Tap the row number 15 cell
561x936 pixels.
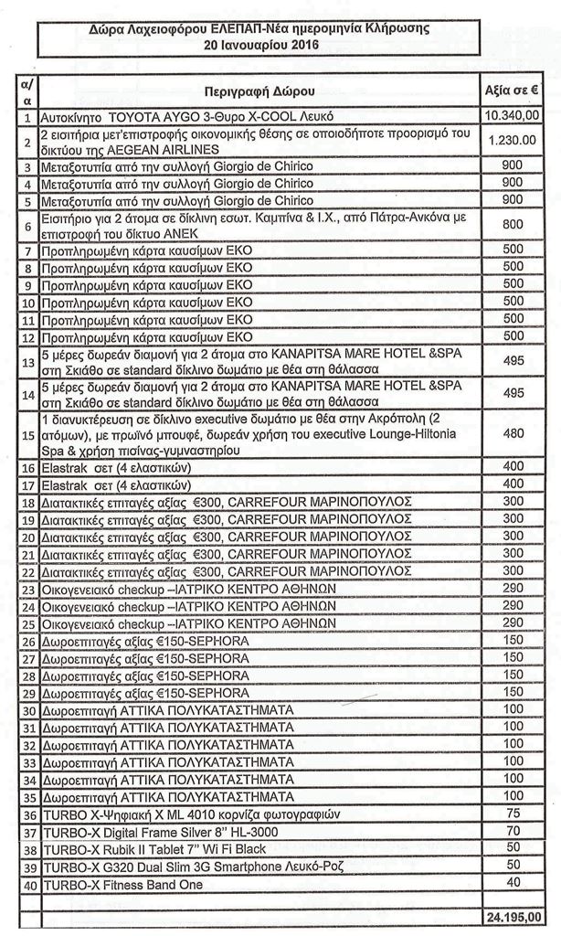pos(27,434)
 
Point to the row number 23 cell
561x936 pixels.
pos(27,591)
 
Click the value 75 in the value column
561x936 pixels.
pos(513,814)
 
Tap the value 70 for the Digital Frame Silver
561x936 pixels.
pos(513,832)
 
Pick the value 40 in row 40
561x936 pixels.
pos(513,884)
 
